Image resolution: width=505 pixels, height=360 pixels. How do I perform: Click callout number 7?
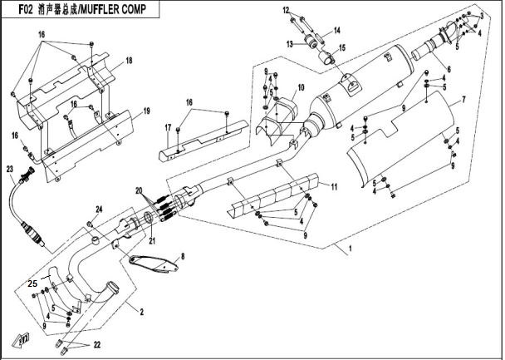pyautogui.click(x=463, y=100)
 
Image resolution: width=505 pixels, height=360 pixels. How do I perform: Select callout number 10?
pyautogui.click(x=301, y=87)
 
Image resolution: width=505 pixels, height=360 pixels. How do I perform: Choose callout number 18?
pyautogui.click(x=129, y=62)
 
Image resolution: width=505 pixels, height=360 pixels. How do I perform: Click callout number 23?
pyautogui.click(x=9, y=169)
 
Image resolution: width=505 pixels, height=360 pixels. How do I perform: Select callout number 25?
pyautogui.click(x=32, y=283)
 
